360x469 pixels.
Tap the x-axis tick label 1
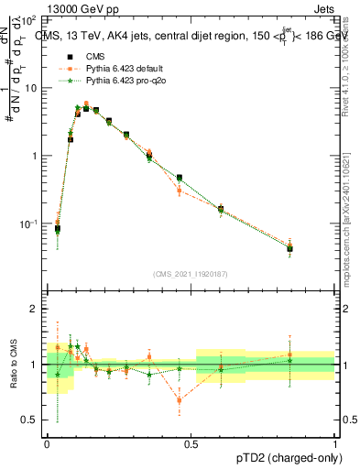tap(335, 444)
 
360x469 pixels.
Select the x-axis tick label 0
tap(47, 444)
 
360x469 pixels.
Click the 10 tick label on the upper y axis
tap(31, 88)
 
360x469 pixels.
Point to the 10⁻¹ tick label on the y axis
tap(29, 224)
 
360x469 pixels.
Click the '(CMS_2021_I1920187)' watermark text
tap(191, 273)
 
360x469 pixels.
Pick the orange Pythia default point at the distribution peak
tap(86, 104)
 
